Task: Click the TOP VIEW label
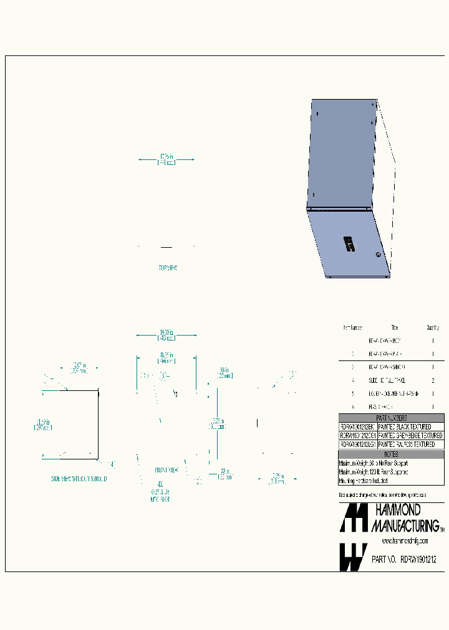coord(168,268)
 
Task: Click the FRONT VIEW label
coord(167,471)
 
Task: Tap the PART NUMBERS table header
coord(391,418)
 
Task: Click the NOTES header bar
coord(391,454)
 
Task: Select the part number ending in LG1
coord(357,445)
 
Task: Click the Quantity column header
coord(433,327)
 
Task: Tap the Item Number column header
coord(352,327)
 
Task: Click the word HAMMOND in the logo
coord(398,510)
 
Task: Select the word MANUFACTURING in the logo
coord(406,526)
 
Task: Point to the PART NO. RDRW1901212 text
coord(403,560)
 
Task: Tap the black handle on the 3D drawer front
coord(348,244)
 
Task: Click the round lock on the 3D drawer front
coord(377,255)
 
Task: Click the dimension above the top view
coord(167,159)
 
